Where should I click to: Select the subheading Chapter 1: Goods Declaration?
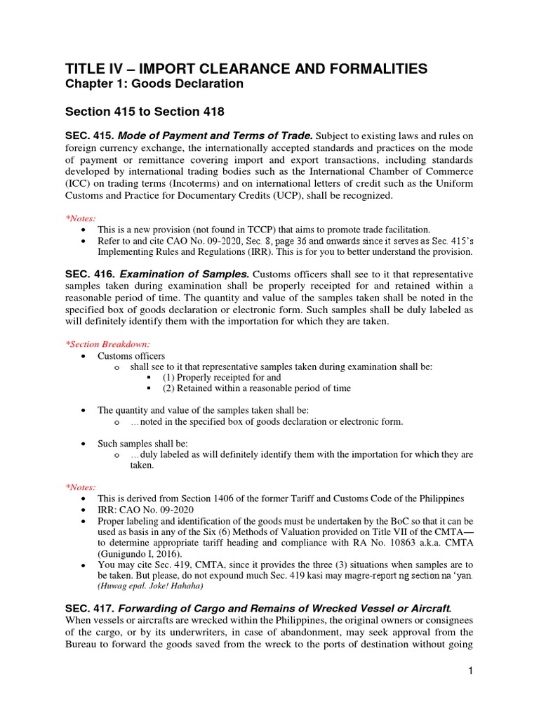[154, 84]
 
